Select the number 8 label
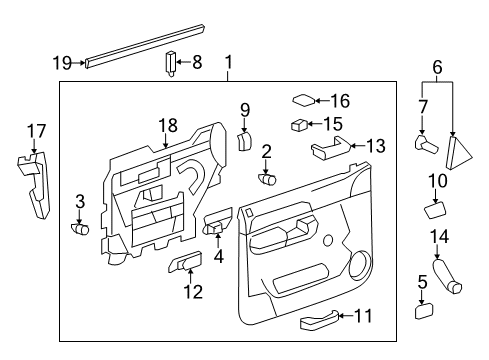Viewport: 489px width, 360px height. pos(197,63)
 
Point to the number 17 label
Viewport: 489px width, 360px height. pos(36,129)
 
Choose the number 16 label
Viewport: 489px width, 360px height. pos(340,100)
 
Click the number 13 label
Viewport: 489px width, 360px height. pos(375,146)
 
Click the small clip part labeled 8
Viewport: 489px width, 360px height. pos(170,65)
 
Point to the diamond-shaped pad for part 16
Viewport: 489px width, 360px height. pos(303,100)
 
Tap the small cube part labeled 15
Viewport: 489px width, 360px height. pos(298,125)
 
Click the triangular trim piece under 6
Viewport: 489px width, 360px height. pos(460,150)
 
